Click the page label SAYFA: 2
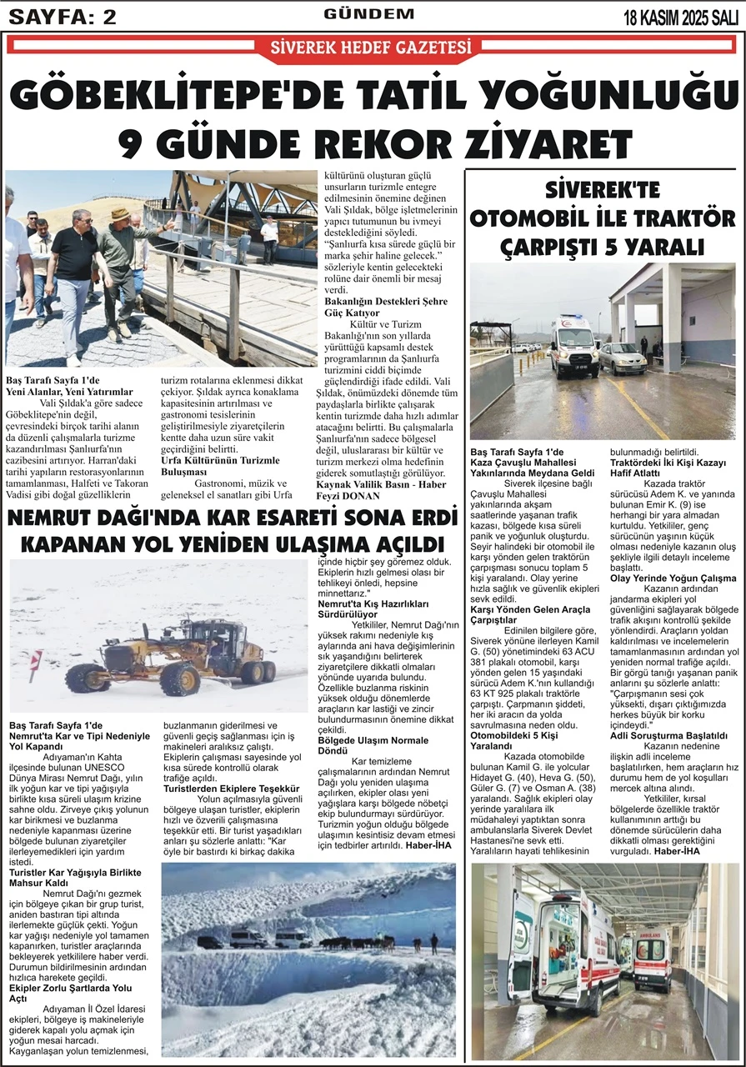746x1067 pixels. [62, 16]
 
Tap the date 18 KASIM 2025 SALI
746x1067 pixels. [680, 17]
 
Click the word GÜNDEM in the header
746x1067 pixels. [369, 14]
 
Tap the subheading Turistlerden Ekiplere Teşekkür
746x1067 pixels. [231, 789]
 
